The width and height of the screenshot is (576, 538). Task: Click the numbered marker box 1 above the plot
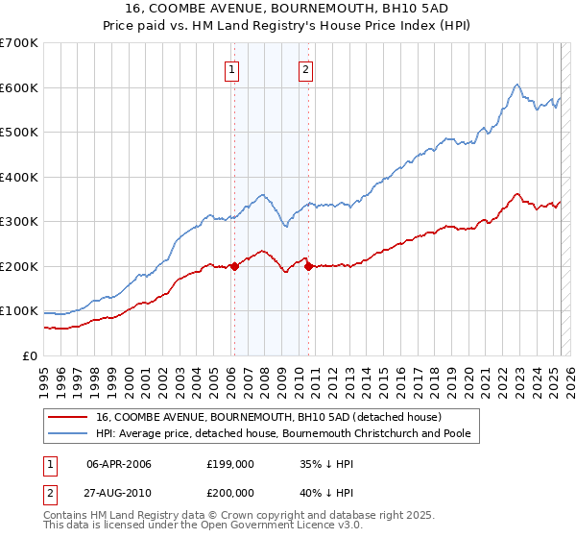pos(233,68)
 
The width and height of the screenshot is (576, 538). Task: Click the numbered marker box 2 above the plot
pos(305,68)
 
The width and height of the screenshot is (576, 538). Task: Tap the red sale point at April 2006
pos(233,267)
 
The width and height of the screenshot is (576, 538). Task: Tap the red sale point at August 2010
pos(308,266)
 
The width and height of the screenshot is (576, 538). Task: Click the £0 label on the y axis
pos(30,356)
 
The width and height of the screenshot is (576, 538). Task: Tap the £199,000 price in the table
pos(230,463)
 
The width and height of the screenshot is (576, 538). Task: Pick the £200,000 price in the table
pos(230,494)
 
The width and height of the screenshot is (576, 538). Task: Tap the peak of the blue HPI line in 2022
pos(516,85)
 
